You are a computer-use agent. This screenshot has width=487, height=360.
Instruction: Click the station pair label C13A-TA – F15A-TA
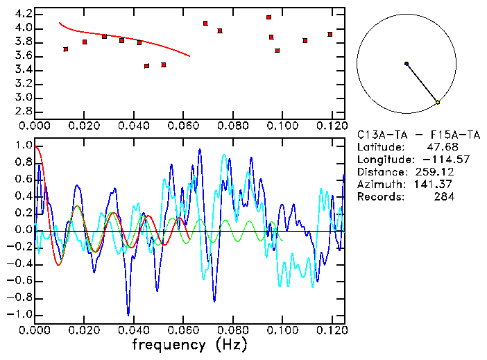point(405,134)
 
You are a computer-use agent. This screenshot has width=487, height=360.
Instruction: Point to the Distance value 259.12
point(437,171)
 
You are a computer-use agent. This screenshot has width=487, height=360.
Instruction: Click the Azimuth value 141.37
point(437,184)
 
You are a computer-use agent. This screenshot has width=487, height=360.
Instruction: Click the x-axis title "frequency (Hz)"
point(189,344)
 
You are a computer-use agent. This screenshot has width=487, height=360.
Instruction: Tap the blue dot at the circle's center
point(407,64)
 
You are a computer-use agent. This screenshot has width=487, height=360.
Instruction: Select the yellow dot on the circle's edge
point(438,103)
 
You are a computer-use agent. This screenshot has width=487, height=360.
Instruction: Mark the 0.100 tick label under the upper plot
point(282,126)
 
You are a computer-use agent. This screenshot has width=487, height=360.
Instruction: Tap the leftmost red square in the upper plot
point(66,49)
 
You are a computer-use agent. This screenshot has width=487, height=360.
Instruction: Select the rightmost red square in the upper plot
point(330,34)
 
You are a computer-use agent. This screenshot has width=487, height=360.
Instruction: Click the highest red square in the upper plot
point(268,17)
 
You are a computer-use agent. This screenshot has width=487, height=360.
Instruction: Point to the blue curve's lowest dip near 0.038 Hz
point(128,314)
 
